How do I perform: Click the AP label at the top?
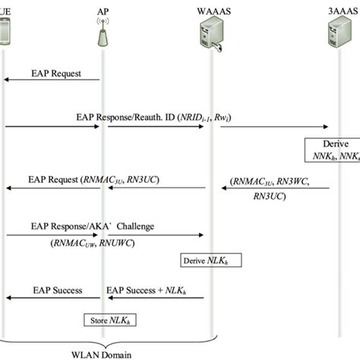102,13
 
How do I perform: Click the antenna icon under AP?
102,39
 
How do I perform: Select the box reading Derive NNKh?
333,150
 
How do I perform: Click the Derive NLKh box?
205,261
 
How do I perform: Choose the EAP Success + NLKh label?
152,290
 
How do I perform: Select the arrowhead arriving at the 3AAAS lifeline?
328,127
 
